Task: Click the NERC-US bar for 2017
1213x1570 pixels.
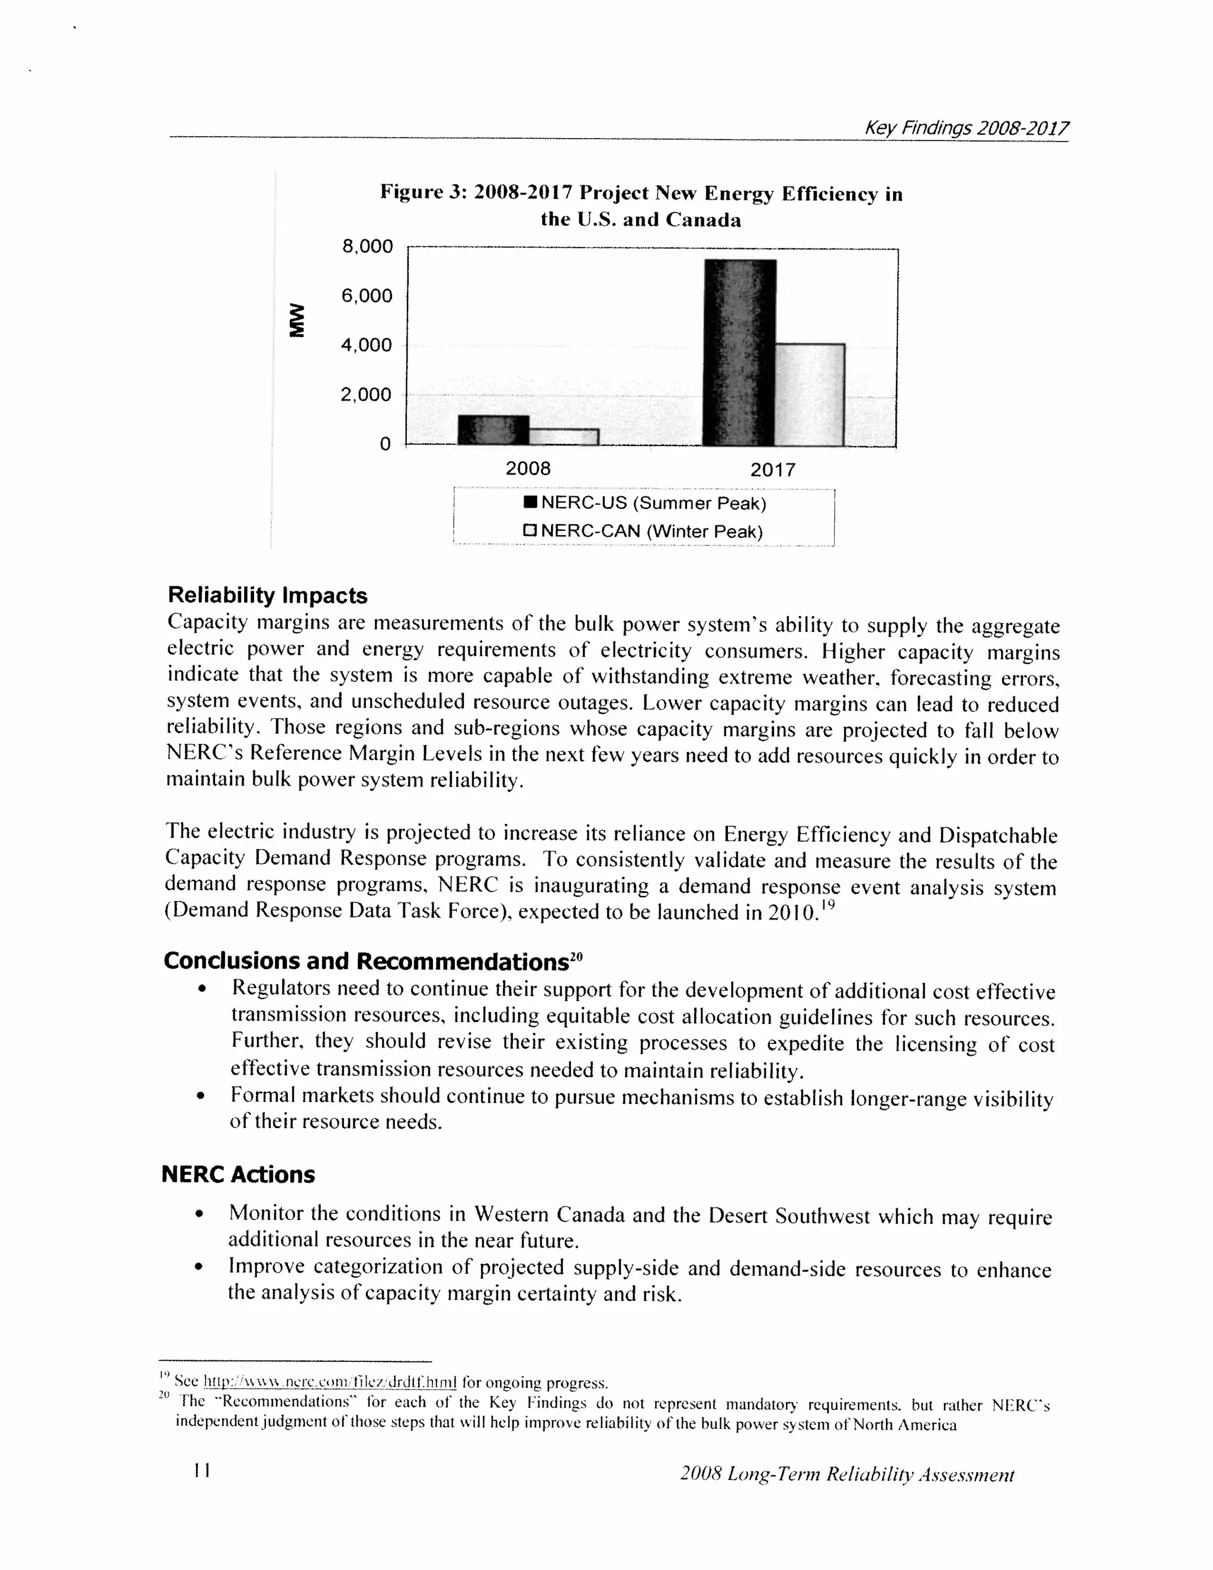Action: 739,353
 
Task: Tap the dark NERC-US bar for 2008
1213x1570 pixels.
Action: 493,430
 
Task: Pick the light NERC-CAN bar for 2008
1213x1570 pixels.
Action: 563,437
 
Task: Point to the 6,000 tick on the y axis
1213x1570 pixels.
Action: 367,296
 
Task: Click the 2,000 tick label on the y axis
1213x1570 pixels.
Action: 367,394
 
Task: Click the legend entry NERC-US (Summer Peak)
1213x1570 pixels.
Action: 646,502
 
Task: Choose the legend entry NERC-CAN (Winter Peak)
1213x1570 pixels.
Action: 643,531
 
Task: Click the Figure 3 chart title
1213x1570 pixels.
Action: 641,206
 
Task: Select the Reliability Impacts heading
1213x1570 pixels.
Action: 267,595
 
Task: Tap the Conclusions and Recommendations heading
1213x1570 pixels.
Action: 372,961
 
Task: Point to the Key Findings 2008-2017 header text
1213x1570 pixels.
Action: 966,128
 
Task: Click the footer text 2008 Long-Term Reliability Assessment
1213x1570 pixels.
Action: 846,1475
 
